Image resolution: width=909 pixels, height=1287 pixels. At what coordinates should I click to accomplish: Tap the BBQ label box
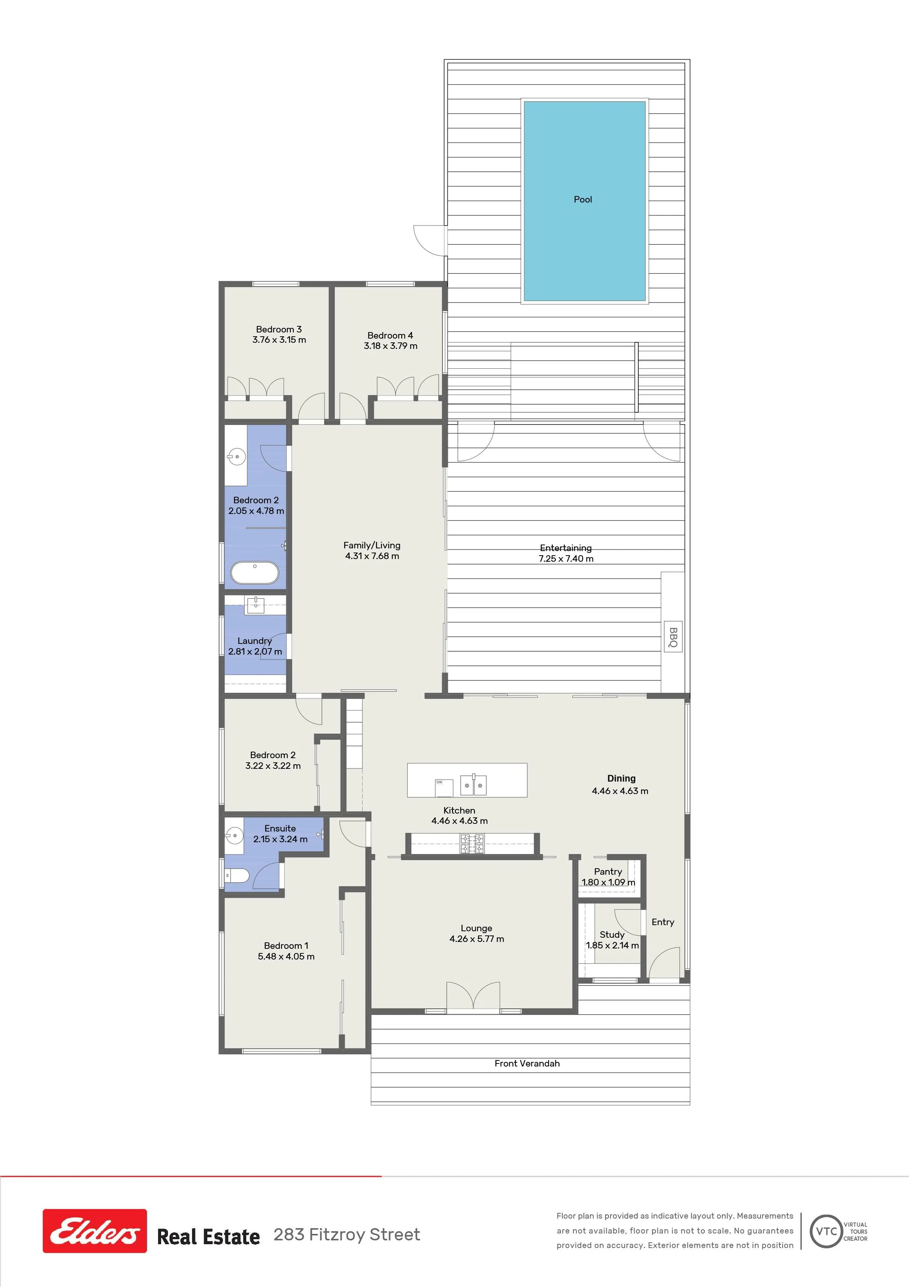[673, 636]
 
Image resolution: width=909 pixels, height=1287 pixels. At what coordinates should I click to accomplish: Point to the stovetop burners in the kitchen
[471, 844]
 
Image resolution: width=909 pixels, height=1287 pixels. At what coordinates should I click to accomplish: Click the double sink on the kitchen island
[473, 785]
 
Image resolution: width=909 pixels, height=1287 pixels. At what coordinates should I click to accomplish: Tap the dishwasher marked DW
[444, 787]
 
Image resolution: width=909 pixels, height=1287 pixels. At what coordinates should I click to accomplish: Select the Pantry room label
[608, 872]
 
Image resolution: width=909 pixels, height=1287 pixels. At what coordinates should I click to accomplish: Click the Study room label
[612, 934]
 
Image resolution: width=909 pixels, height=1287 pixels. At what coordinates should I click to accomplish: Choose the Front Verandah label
[527, 1063]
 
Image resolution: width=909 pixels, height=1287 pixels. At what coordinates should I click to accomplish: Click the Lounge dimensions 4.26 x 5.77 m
[476, 939]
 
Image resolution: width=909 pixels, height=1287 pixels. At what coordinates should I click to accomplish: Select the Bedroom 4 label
[391, 335]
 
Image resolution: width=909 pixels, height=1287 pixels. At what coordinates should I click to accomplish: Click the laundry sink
[255, 605]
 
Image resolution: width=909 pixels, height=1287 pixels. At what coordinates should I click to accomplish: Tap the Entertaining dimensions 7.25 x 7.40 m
[566, 558]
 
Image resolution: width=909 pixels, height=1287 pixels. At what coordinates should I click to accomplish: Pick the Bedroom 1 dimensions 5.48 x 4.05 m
[286, 956]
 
